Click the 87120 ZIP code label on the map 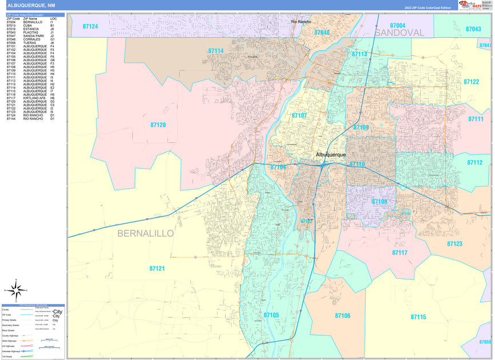click(158, 125)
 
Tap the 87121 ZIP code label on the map click(157, 268)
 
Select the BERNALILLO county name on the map click(145, 233)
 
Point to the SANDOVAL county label click(400, 33)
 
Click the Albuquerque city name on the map click(331, 154)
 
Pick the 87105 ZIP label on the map click(272, 315)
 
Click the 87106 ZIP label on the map click(342, 315)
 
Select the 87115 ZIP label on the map click(418, 317)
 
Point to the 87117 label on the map click(400, 252)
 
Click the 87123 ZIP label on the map click(454, 244)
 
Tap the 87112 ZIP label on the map click(474, 162)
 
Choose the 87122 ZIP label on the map click(471, 82)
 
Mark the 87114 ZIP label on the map click(215, 51)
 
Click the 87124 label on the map click(90, 26)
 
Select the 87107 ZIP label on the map click(299, 115)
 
